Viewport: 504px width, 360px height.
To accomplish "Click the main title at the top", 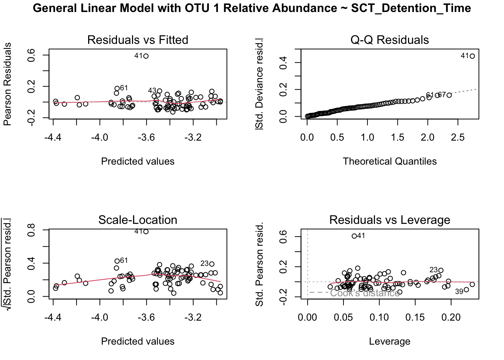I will (252, 8).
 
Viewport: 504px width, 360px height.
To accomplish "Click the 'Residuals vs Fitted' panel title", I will (138, 40).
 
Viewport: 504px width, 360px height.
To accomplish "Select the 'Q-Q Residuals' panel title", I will (389, 40).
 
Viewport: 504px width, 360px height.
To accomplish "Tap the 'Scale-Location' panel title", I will (138, 220).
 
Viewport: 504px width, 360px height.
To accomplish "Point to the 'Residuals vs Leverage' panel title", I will (389, 220).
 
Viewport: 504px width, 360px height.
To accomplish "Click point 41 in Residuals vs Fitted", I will (146, 56).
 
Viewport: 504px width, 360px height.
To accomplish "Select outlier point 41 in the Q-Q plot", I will (472, 56).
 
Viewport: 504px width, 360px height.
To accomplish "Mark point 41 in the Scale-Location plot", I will (146, 231).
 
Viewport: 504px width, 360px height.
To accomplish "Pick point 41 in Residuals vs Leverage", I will (354, 236).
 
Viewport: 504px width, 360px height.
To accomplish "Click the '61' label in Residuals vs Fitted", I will (124, 88).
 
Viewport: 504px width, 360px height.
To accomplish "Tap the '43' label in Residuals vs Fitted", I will (152, 91).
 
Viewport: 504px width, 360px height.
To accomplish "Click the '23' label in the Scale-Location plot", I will (204, 264).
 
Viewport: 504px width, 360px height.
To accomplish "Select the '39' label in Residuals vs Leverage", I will (459, 292).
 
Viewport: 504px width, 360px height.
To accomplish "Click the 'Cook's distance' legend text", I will (364, 293).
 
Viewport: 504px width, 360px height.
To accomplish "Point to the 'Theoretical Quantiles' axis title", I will (389, 161).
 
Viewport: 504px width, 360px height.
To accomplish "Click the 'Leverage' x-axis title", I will (389, 341).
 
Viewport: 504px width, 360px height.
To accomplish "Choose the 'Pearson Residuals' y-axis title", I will (7, 84).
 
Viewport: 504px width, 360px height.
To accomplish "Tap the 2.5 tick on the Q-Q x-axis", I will (457, 138).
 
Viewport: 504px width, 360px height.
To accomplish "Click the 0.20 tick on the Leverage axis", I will (451, 318).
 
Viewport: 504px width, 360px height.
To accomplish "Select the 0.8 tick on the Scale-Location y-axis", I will (31, 229).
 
